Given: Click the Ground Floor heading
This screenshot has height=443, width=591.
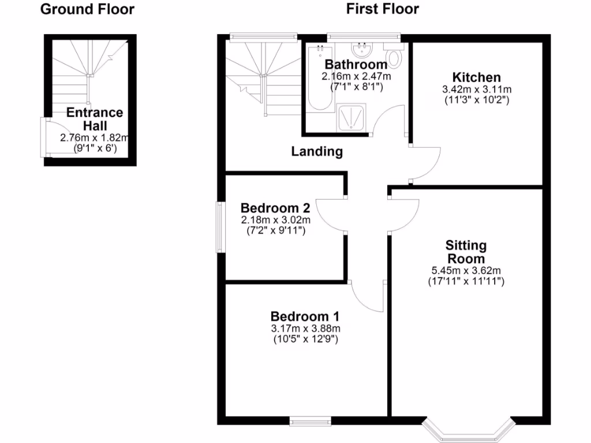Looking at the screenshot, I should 87,9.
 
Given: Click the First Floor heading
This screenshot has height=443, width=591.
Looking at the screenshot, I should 382,9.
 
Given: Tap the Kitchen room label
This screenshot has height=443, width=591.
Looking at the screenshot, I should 476,77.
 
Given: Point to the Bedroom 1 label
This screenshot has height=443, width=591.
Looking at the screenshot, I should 305,317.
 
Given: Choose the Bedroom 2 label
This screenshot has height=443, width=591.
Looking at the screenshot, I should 276,208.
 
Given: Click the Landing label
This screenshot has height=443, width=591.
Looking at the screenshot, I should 317,152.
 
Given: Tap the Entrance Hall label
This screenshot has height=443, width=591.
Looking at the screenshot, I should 94,119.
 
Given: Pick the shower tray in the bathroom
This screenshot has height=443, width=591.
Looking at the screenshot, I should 351,118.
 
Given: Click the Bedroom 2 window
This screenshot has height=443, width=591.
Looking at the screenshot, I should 220,227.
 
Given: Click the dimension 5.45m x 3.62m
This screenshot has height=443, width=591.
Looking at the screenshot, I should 466,271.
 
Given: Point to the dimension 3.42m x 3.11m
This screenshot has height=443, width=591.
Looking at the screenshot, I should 476,89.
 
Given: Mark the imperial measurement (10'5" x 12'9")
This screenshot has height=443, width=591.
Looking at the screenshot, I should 305,339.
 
